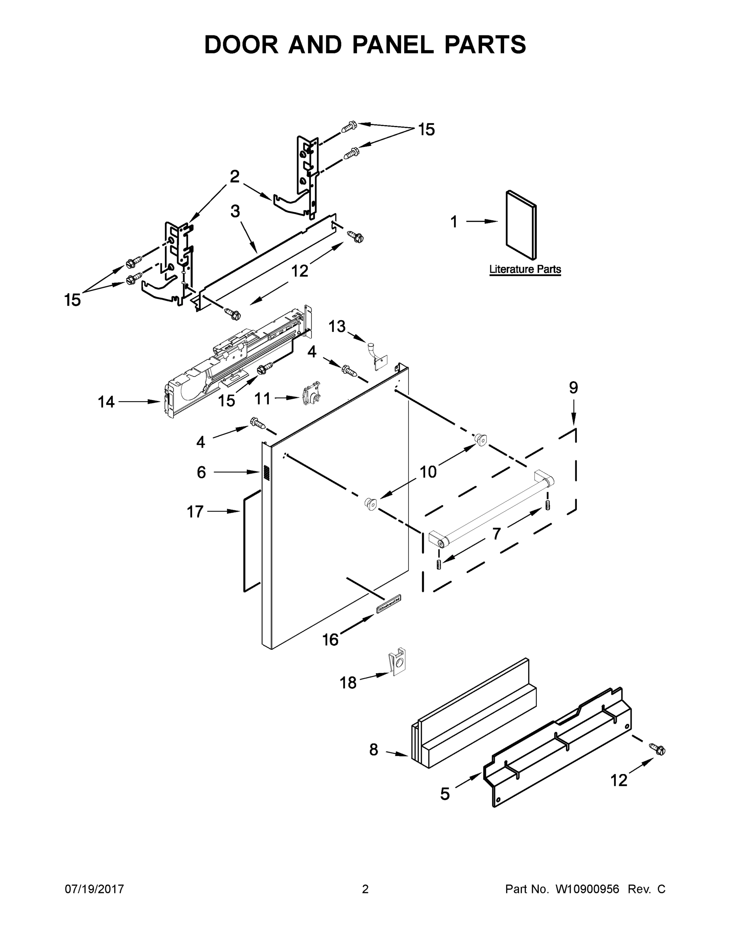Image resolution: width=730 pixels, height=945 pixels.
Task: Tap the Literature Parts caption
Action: click(525, 269)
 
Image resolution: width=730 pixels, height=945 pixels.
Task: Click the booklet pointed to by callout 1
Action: click(521, 224)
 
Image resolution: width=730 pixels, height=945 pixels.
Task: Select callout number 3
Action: click(235, 211)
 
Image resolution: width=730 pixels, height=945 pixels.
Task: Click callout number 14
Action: click(106, 402)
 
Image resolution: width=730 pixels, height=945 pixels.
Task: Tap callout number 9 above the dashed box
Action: click(573, 388)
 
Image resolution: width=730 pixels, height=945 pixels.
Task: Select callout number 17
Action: click(195, 512)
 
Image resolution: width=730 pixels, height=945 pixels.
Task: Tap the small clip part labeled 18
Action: click(396, 661)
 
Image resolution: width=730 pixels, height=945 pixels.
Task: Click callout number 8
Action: click(373, 749)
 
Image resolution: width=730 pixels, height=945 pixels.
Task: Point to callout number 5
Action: click(445, 793)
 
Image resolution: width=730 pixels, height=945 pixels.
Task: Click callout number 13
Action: click(337, 326)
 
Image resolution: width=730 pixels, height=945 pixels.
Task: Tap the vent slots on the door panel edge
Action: click(266, 472)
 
